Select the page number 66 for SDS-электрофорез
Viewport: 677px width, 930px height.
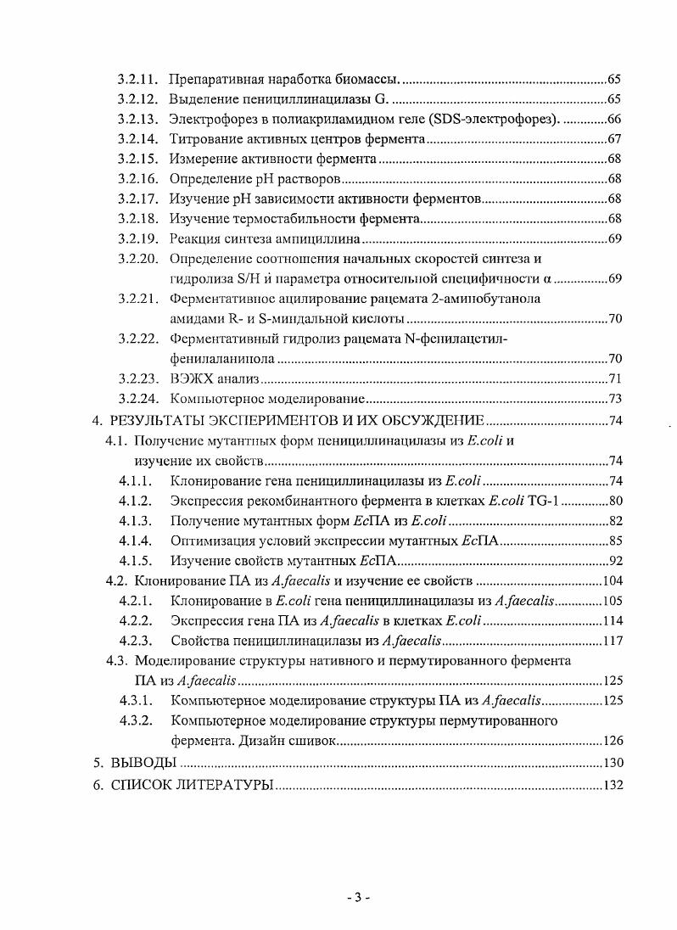615,118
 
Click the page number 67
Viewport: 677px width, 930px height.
615,138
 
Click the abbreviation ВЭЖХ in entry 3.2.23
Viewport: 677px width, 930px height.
192,378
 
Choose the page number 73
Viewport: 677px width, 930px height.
615,398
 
